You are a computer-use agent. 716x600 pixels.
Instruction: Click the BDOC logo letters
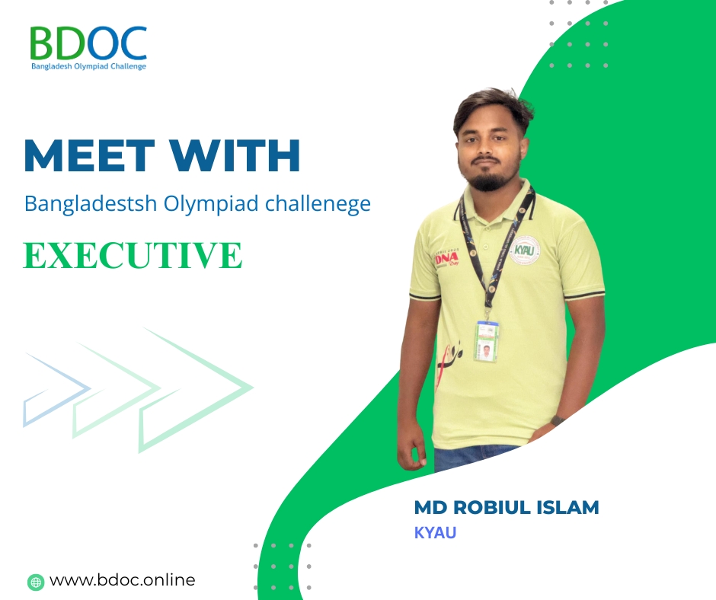(x=88, y=43)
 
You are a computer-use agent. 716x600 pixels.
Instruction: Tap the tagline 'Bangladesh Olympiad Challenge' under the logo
(x=88, y=67)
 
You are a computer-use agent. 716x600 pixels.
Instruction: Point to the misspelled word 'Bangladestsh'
(x=91, y=203)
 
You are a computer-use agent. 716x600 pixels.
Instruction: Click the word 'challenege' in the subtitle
(x=318, y=203)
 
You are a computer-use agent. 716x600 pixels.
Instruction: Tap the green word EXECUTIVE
(x=133, y=255)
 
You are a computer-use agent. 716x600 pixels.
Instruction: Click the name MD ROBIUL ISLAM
(x=507, y=507)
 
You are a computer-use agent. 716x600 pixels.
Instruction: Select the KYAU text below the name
(x=435, y=533)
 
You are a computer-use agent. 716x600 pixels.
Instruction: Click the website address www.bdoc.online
(x=123, y=580)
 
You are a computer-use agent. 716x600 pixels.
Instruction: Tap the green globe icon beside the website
(x=36, y=582)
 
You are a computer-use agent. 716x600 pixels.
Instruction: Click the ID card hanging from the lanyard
(x=487, y=342)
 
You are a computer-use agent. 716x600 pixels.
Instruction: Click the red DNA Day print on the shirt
(x=447, y=258)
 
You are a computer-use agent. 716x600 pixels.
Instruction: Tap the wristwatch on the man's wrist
(x=557, y=420)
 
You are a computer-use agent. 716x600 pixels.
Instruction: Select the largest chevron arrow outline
(x=197, y=390)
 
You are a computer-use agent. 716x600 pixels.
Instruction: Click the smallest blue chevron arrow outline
(x=57, y=390)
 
